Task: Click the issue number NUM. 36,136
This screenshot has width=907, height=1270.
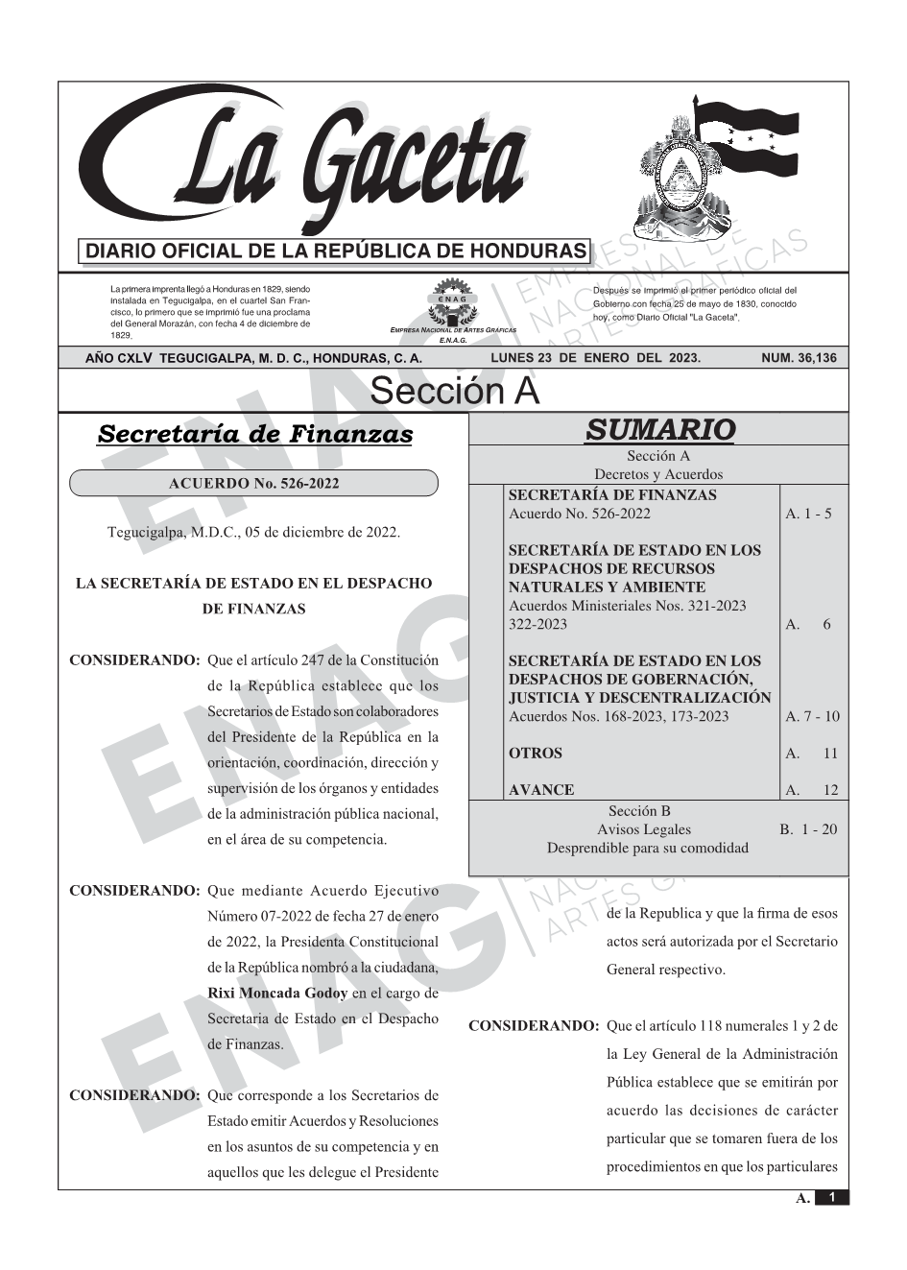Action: click(x=798, y=358)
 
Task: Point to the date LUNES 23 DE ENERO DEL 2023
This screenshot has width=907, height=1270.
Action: click(x=595, y=358)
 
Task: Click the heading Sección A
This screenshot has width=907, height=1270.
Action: click(x=454, y=392)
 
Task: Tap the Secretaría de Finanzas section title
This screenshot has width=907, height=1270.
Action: click(x=254, y=434)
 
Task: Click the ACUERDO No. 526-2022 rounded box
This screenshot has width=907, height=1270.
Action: click(x=253, y=484)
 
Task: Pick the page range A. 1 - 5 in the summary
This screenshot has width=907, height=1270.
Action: click(x=808, y=514)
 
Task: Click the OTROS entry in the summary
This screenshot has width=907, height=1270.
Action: click(x=536, y=754)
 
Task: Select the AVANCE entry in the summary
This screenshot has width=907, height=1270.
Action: click(x=541, y=790)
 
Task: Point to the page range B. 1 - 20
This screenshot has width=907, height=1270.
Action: click(x=808, y=829)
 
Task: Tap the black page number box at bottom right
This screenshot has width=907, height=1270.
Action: click(x=831, y=1198)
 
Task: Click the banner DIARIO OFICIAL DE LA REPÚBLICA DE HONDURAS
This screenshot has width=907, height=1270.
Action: click(x=336, y=252)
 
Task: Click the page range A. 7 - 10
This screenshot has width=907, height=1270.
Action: click(x=811, y=716)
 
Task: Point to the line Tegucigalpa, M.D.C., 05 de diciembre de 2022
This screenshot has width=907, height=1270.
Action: click(x=253, y=532)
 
